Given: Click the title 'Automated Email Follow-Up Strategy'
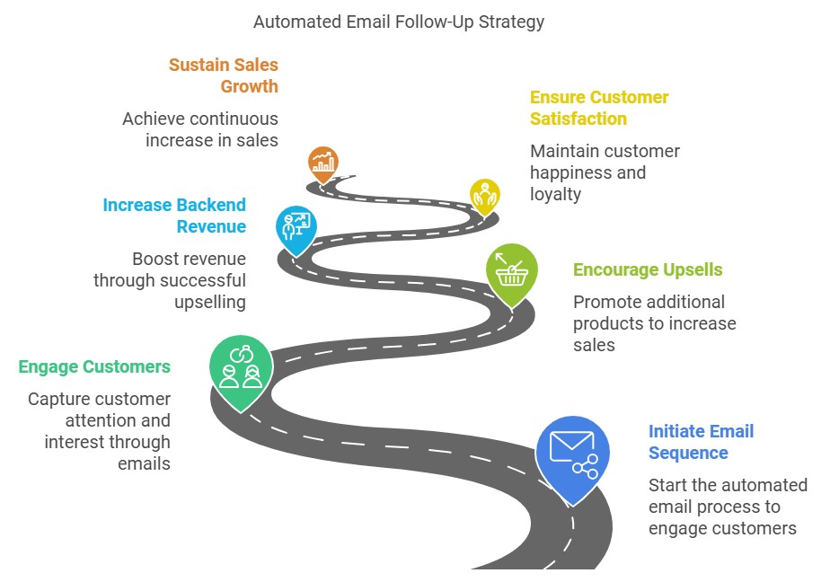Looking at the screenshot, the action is click(399, 22).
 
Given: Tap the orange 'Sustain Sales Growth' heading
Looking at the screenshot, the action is click(224, 75).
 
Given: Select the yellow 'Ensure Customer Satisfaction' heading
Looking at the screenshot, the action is click(599, 108).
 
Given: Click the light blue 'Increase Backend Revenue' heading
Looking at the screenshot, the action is click(174, 216).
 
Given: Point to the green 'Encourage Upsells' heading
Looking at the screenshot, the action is click(648, 269).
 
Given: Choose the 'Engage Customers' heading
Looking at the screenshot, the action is click(94, 366).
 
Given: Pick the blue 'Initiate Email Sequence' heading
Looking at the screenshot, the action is click(701, 442).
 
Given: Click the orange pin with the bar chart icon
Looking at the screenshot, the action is click(322, 164).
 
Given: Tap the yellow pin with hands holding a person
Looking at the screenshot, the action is click(485, 198).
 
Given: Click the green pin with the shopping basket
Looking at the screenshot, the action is click(512, 275).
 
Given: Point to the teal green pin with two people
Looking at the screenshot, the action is click(242, 373).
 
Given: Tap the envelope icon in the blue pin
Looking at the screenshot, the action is click(571, 446).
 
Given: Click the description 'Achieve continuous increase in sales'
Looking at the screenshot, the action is click(200, 129).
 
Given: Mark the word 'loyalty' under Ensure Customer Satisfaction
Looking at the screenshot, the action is click(555, 195).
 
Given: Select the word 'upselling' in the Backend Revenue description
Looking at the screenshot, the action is click(210, 303).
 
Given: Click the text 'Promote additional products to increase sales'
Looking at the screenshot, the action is click(654, 323).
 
